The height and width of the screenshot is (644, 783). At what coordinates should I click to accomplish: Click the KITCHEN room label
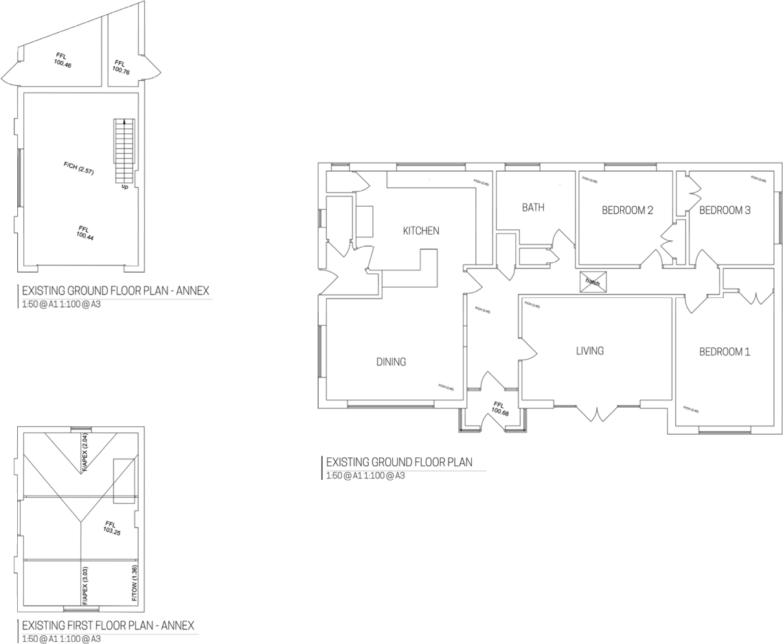point(420,231)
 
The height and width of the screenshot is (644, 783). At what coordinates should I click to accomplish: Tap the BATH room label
point(533,207)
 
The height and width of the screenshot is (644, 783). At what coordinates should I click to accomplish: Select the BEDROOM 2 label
point(627,211)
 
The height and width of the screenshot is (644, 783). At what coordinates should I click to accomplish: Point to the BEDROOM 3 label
point(725,211)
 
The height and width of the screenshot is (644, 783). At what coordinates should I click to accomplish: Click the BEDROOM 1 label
point(725,352)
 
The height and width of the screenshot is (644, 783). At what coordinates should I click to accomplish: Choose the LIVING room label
point(589,351)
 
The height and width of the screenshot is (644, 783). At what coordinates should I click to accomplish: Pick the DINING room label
point(391,362)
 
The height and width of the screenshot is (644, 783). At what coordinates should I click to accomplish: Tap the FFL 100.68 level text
point(499,409)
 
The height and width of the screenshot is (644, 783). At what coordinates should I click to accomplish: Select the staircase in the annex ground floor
point(124,150)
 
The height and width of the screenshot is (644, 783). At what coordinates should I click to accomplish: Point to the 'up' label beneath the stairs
point(124,186)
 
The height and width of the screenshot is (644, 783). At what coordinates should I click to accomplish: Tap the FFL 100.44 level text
point(84,232)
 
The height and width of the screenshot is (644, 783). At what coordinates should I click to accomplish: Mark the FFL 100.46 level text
point(63,60)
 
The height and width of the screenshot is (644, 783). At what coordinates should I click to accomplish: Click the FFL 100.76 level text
point(122,67)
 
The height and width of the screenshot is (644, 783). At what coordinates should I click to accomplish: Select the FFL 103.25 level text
point(111,527)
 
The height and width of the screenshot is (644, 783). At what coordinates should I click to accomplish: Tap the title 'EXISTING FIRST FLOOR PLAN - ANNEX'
point(108,626)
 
